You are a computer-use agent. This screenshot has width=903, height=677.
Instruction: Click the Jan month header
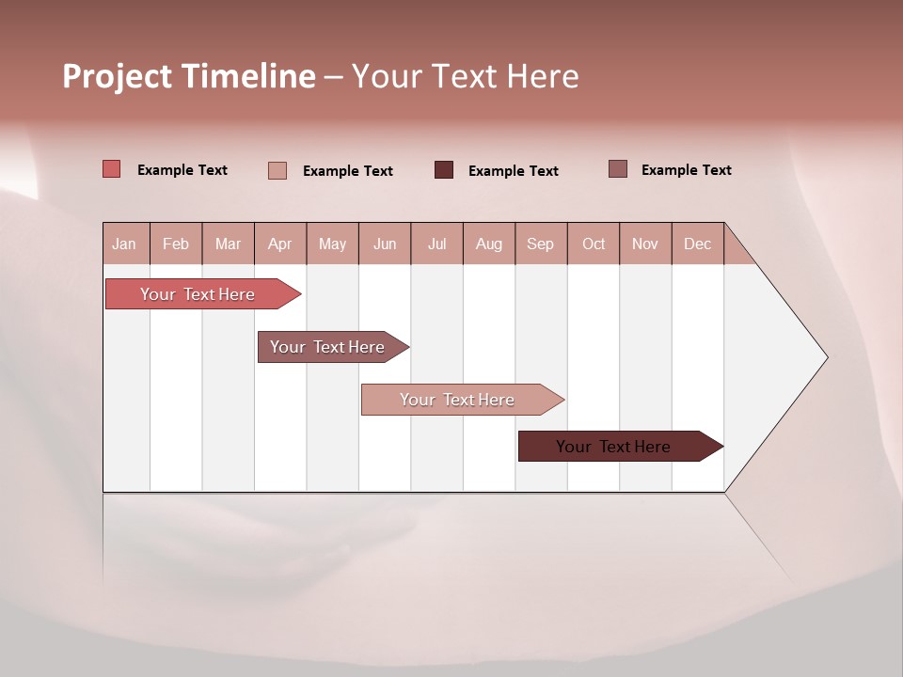[x=124, y=244]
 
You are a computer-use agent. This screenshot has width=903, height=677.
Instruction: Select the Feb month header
[x=176, y=244]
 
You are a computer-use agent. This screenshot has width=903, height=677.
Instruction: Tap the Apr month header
[x=279, y=244]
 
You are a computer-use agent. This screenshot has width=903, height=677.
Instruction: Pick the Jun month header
[x=385, y=244]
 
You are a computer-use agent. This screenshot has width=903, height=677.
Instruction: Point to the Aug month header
[x=489, y=244]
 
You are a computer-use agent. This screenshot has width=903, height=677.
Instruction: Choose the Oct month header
[x=594, y=244]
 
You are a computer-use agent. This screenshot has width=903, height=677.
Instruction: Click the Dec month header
[x=697, y=244]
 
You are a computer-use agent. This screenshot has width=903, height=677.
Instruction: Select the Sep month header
[x=540, y=244]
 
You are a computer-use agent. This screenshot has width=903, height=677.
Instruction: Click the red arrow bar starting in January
[x=198, y=294]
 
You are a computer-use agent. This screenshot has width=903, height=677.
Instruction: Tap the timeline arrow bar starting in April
[x=327, y=347]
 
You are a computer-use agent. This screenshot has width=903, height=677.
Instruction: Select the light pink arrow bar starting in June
[x=457, y=400]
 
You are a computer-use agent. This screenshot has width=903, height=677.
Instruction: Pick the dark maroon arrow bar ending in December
[x=613, y=447]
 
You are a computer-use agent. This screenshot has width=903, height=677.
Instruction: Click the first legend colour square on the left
[x=111, y=169]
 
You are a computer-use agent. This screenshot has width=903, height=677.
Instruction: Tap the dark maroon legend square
[x=444, y=170]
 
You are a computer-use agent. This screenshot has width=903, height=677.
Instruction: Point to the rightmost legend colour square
[x=617, y=169]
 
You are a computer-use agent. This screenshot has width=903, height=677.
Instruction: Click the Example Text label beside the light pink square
[x=347, y=171]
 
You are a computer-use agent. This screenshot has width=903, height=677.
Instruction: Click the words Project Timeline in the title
[x=188, y=76]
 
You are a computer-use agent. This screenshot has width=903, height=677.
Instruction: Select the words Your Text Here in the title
[x=465, y=76]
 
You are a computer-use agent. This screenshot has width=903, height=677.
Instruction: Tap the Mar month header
[x=228, y=244]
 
